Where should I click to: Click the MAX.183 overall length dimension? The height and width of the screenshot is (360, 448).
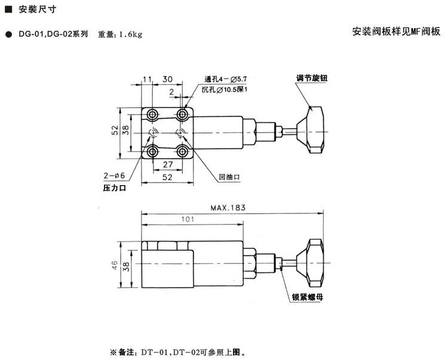[x=228, y=208]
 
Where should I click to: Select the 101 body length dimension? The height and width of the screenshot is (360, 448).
[x=188, y=219]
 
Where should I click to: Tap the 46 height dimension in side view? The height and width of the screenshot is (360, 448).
[x=115, y=265]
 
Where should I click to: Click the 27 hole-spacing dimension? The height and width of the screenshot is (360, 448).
[x=168, y=164]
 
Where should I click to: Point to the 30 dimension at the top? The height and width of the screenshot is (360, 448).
[x=167, y=79]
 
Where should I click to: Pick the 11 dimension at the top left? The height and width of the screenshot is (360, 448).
[x=147, y=79]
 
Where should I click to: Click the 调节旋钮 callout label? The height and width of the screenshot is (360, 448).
[x=311, y=78]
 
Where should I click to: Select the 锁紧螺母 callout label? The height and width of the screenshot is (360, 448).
[x=308, y=297]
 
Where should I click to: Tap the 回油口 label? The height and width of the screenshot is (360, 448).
[x=229, y=177]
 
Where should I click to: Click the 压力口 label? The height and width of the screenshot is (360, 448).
[x=115, y=188]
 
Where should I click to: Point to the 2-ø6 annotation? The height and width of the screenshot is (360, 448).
[x=114, y=176]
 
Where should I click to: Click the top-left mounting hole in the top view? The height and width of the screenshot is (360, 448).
[x=152, y=115]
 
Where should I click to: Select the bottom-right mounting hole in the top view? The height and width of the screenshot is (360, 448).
[x=182, y=152]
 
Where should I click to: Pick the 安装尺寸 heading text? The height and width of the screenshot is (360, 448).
[x=38, y=10]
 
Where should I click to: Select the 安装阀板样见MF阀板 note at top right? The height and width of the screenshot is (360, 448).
[x=397, y=32]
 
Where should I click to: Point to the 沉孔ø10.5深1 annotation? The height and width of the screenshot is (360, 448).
[x=225, y=90]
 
